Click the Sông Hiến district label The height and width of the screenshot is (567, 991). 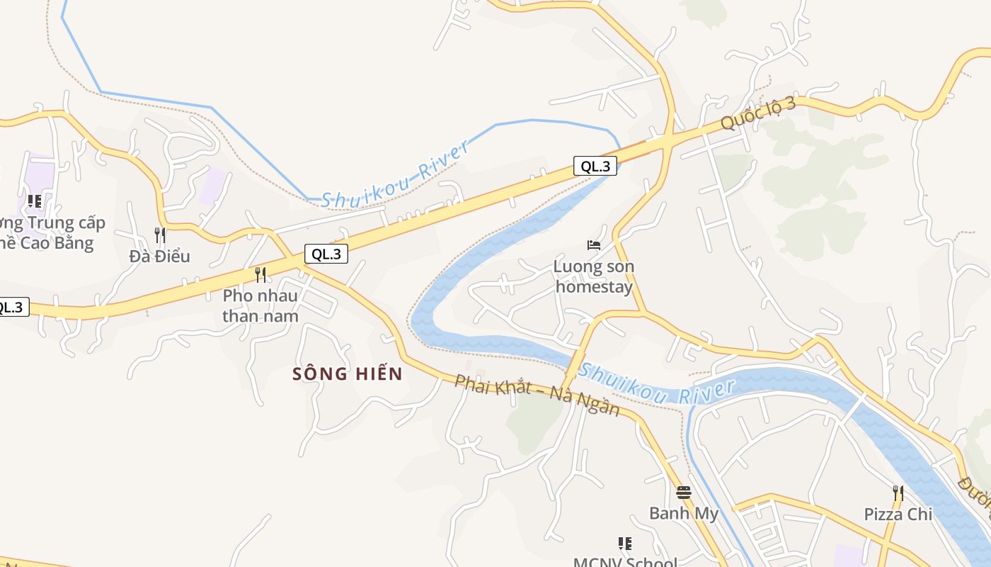point(347,374)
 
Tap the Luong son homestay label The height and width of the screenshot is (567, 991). point(593,276)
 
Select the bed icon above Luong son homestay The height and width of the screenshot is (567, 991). point(594,245)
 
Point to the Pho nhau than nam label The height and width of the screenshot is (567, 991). point(260,305)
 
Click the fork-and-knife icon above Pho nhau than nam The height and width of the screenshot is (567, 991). point(260,274)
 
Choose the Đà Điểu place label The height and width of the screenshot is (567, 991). point(160,256)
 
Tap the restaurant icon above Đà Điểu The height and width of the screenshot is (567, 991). point(160,235)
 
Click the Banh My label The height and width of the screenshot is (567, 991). point(684,513)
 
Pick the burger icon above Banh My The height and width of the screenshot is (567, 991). point(684,492)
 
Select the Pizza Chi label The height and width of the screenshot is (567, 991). point(898,514)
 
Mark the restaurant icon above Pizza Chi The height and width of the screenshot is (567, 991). point(898,493)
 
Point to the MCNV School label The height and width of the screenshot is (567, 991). point(625,562)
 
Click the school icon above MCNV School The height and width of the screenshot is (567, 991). point(625,544)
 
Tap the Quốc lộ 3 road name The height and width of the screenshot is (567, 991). point(759,113)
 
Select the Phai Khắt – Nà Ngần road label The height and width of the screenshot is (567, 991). point(537,395)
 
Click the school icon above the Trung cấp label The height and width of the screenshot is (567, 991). point(34,201)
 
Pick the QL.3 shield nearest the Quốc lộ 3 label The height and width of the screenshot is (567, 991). point(595,167)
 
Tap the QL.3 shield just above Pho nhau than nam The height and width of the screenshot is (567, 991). point(327,254)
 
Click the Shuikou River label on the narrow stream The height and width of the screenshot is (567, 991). point(396,174)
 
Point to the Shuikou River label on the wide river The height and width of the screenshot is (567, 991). point(657,385)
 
